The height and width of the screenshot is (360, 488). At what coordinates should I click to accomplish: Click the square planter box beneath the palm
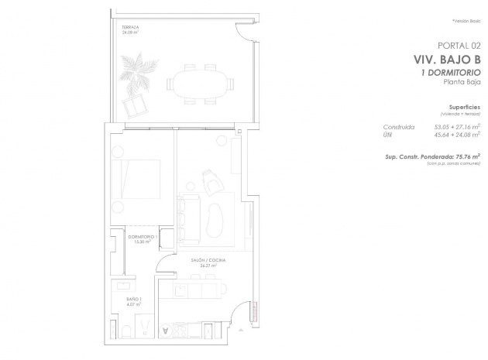129,102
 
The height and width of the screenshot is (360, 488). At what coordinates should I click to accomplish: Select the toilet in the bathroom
125,331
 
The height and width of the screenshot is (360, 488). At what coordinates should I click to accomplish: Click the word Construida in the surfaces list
399,125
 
